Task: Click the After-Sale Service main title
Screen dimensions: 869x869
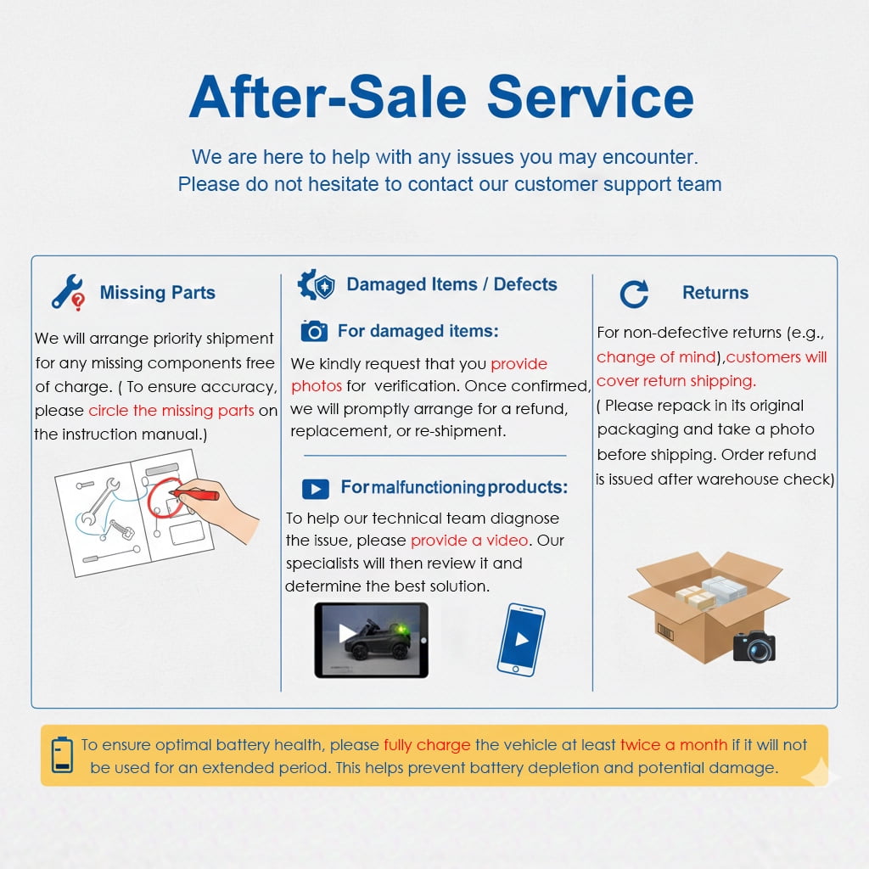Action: pyautogui.click(x=441, y=97)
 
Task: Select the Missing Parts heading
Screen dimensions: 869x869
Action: pyautogui.click(x=157, y=292)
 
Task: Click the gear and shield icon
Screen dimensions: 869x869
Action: pyautogui.click(x=316, y=285)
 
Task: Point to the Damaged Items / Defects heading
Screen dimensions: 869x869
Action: pyautogui.click(x=451, y=284)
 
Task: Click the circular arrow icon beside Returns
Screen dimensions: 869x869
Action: pyautogui.click(x=634, y=294)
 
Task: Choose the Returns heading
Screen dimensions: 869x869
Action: pyautogui.click(x=715, y=292)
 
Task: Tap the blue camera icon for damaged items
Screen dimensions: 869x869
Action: pyautogui.click(x=314, y=331)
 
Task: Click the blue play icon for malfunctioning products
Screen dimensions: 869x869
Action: pyautogui.click(x=316, y=489)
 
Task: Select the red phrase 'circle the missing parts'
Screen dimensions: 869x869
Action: pyautogui.click(x=171, y=411)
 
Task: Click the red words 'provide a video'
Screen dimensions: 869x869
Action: pyautogui.click(x=468, y=541)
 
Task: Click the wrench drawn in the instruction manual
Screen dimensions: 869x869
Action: pyautogui.click(x=100, y=501)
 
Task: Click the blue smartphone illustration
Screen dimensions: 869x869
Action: pyautogui.click(x=521, y=640)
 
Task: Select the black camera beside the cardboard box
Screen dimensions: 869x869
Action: pyautogui.click(x=754, y=646)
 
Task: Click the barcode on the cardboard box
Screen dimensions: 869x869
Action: pyautogui.click(x=665, y=631)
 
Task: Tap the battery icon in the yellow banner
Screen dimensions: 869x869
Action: pyautogui.click(x=62, y=754)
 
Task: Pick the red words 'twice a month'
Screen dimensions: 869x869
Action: pyautogui.click(x=673, y=745)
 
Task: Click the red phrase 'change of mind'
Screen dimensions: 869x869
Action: pyautogui.click(x=656, y=357)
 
